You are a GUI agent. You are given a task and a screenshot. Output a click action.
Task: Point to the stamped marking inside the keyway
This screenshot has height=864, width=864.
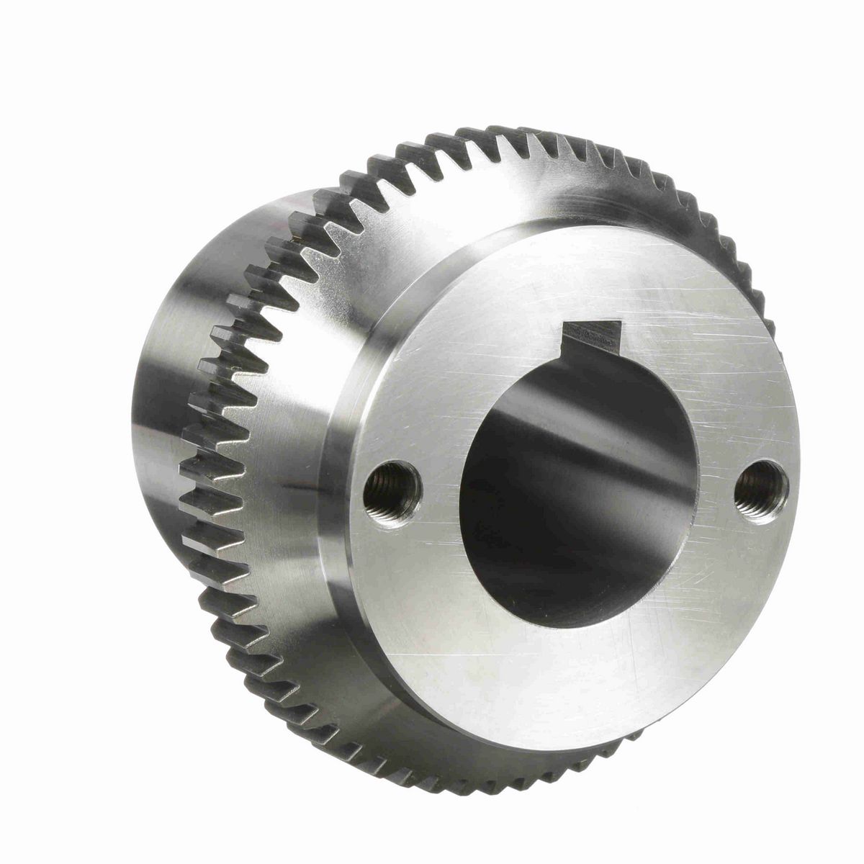[590, 333]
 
